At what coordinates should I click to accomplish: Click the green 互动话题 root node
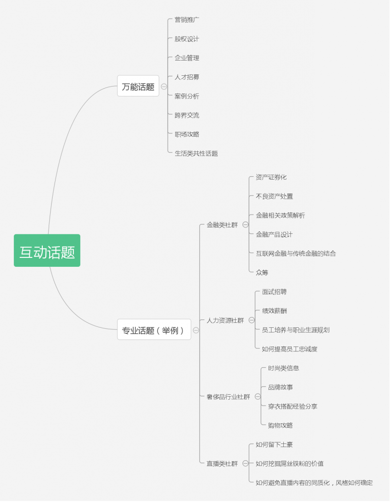coord(47,251)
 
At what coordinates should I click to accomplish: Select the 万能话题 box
coord(138,86)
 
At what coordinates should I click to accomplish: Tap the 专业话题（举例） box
coord(154,329)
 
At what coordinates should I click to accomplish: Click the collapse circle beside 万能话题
coord(164,87)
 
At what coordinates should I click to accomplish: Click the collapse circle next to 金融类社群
coord(245,224)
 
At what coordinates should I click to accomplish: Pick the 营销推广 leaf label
coord(187,20)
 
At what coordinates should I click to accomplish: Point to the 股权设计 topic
coord(187,39)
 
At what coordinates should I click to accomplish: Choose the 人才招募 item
coord(187,77)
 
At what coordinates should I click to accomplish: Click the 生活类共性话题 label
coord(196,154)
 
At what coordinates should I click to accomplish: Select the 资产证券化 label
coord(271,177)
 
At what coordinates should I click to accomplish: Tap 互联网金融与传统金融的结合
coord(296,253)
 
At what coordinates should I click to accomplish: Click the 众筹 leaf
coord(262,273)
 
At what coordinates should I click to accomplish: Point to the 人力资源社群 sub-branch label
coord(225,320)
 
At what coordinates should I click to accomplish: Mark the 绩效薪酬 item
coord(274,311)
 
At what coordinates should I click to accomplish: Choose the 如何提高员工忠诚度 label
coord(290,349)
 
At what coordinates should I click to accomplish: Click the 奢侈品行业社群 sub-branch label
coord(228,397)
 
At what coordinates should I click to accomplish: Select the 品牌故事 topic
coord(280,387)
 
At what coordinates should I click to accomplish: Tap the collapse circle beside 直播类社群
coord(245,464)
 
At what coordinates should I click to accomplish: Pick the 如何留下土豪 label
coord(274,444)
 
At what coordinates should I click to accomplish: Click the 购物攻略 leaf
coord(280,426)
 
